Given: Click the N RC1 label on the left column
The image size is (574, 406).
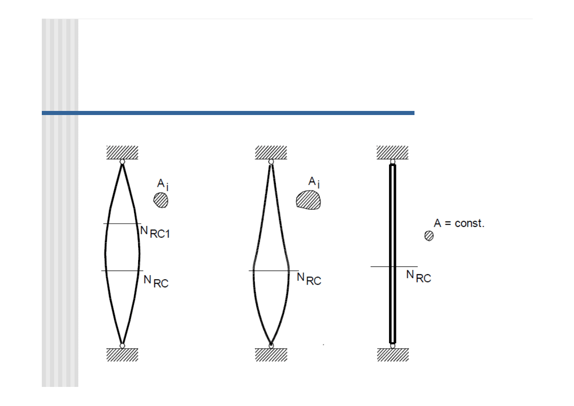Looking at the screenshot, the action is [x=155, y=232].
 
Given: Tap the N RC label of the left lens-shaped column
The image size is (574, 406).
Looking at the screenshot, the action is [x=156, y=281].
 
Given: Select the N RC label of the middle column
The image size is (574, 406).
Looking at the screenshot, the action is [x=309, y=279].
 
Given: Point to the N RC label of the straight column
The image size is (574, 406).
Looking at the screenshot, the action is [x=419, y=276].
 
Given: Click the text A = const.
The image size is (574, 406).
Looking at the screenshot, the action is [x=459, y=223].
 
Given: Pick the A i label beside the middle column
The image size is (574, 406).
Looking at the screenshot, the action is [x=314, y=182].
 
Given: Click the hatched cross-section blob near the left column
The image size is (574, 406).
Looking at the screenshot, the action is [x=161, y=200].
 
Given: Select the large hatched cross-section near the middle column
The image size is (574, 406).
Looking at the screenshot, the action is [x=308, y=200].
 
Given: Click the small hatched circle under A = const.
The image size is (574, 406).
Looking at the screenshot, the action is [x=429, y=236].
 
